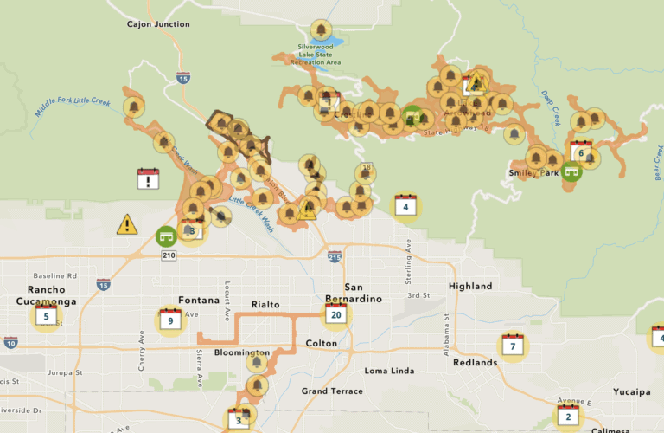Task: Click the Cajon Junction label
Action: pos(158,24)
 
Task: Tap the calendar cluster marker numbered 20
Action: pos(336,314)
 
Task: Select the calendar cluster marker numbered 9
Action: pos(170,320)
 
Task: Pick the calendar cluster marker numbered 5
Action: pos(47,316)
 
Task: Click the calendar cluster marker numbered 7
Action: pos(513,346)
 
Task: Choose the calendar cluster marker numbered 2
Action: pos(568,416)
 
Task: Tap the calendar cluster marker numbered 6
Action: pos(581,152)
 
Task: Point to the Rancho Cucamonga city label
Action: pos(46,295)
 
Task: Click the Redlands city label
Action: pos(474,362)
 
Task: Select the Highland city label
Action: pos(470,287)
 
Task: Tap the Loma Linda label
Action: pos(390,371)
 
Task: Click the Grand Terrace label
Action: pos(333,391)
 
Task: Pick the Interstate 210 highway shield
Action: pos(168,255)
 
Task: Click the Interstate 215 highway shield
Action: pos(335,256)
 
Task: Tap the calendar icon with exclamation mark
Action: pos(149,178)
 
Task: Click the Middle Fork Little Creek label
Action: pos(73,107)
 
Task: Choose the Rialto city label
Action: pos(266,304)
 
